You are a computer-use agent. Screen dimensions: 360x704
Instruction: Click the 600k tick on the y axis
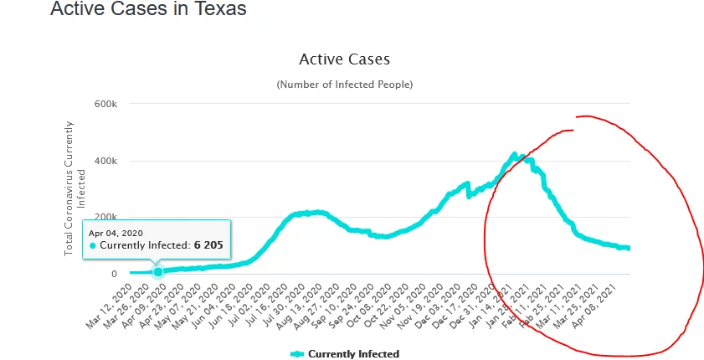pos(105,104)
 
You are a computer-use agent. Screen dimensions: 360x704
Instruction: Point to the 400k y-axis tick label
pos(105,161)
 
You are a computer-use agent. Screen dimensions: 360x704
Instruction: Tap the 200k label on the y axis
pos(105,217)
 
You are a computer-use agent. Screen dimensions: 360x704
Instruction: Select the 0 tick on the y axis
pos(113,274)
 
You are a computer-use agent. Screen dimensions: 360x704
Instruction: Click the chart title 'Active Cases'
pos(344,59)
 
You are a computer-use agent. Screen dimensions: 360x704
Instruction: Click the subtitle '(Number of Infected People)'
pos(344,85)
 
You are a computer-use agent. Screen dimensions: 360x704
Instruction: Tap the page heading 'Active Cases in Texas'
pos(148,10)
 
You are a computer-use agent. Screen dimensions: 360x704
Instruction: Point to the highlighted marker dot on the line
pos(157,271)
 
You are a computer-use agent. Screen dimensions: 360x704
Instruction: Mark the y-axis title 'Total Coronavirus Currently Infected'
pos(75,188)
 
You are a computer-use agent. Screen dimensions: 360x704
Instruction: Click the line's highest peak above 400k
pos(515,155)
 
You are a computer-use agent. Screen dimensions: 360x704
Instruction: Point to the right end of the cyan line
pos(629,249)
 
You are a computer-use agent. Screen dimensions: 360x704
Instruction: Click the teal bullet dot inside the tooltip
pos(93,246)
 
